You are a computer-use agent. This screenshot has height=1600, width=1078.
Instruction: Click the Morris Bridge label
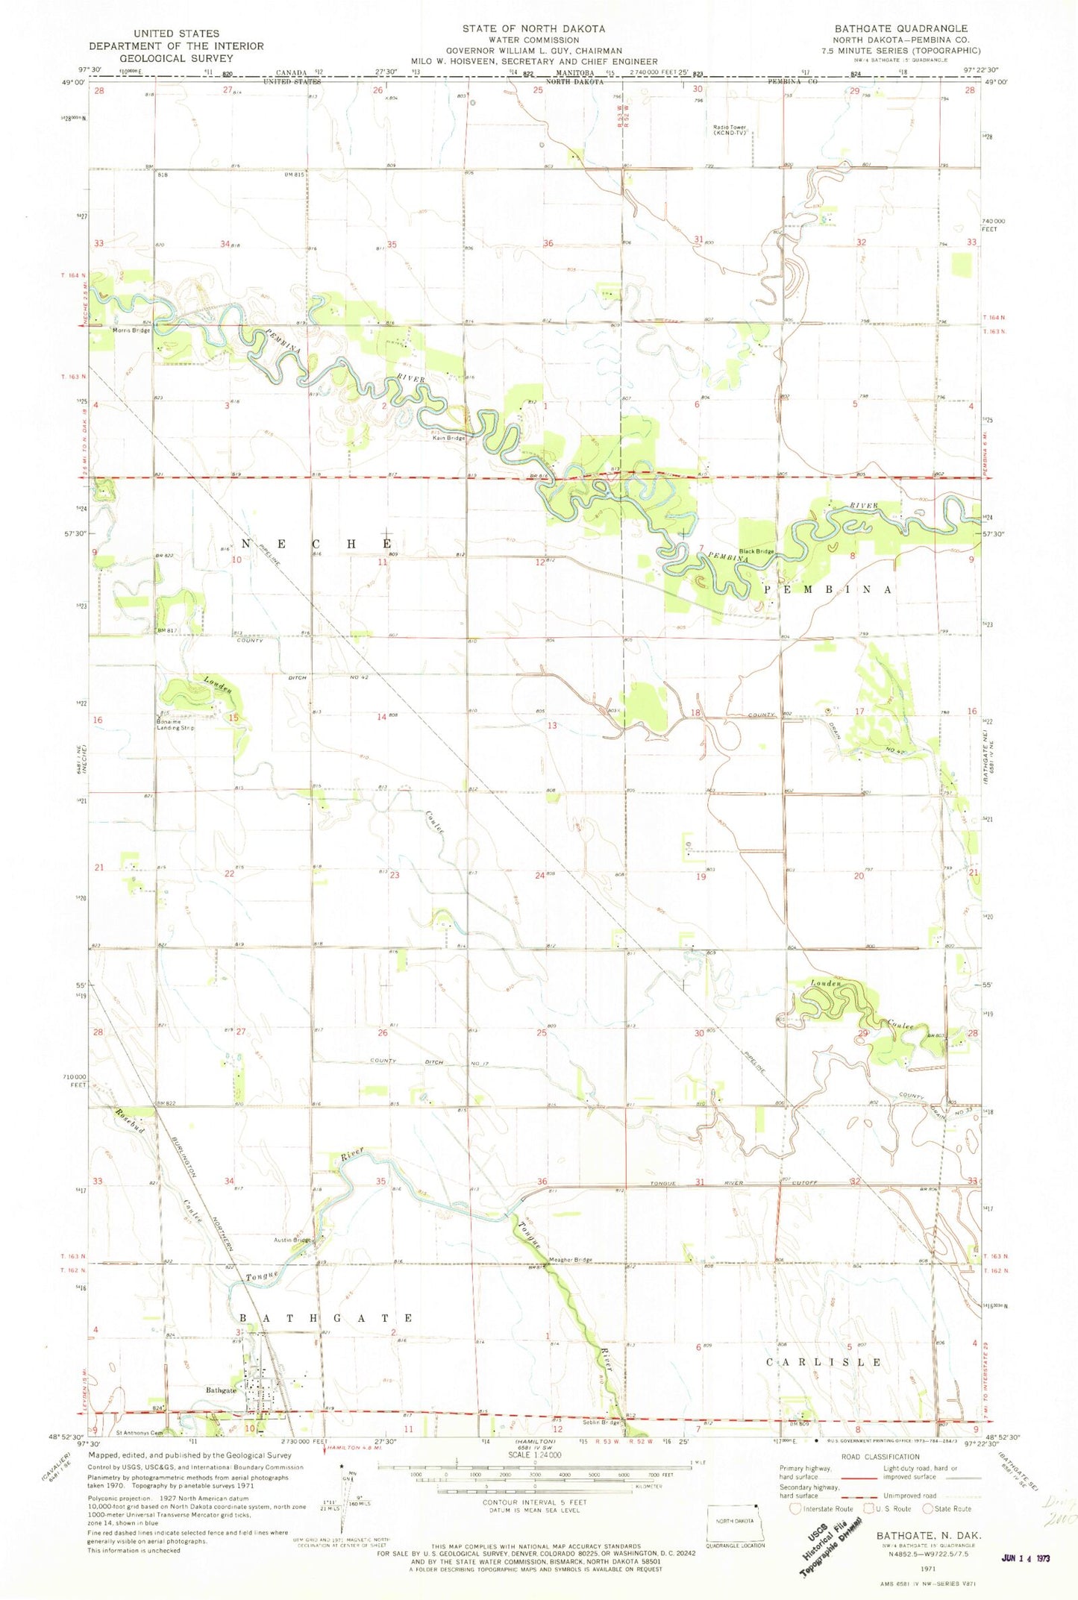[131, 330]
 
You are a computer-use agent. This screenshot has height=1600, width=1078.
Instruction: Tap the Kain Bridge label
[448, 438]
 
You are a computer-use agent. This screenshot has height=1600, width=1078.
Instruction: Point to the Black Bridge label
[756, 551]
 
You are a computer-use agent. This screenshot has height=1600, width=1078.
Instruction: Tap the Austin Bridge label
[292, 1240]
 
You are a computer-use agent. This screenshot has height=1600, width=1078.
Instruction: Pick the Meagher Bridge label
[570, 1260]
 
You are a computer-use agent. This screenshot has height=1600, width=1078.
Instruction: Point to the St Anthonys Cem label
[139, 1432]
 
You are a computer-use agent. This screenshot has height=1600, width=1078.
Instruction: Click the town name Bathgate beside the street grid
[221, 1390]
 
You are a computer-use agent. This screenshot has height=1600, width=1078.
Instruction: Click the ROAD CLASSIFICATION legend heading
[880, 1457]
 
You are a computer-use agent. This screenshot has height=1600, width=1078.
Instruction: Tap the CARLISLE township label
[824, 1362]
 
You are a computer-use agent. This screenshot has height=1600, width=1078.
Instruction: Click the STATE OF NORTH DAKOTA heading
[533, 28]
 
